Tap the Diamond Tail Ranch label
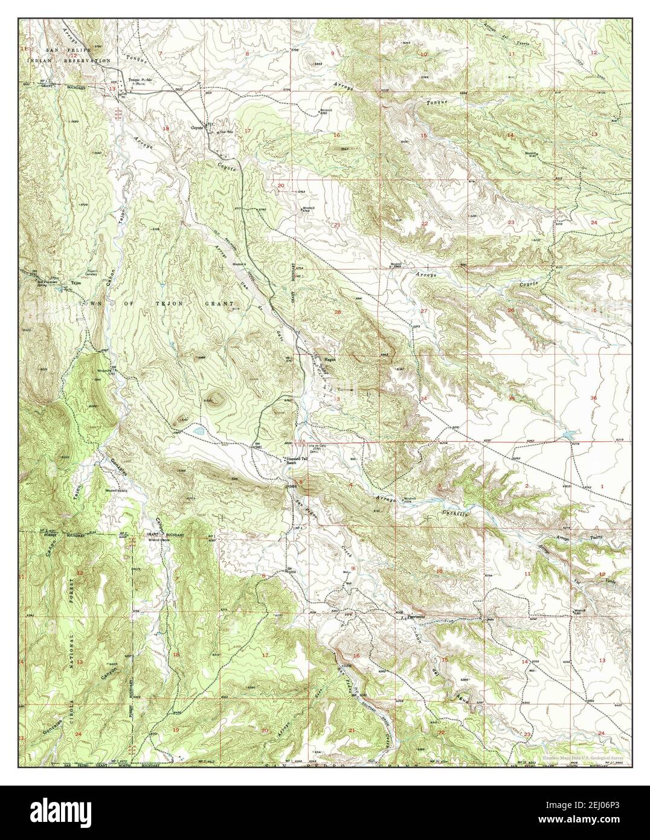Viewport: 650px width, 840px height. [x=298, y=459]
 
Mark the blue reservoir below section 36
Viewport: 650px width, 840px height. [x=568, y=435]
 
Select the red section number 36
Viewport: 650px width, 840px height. [x=593, y=398]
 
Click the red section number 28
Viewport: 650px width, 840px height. [x=338, y=311]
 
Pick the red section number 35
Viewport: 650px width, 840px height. [x=511, y=398]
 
